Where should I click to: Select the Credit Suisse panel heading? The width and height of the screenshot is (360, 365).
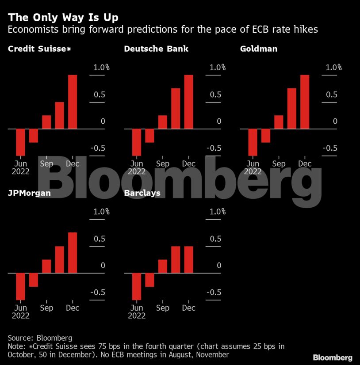pos(39,49)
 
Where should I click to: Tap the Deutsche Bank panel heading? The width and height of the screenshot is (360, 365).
pos(156,49)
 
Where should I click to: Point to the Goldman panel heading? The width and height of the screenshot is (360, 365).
pos(259,49)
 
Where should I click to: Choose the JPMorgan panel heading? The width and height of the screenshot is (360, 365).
pos(30,193)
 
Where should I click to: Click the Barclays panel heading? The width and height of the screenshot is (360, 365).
pos(142,193)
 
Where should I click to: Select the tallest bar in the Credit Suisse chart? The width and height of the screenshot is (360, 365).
pos(73,102)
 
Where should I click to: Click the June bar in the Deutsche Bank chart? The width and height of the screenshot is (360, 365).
pos(137,142)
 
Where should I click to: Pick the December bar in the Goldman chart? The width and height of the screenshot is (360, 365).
pos(305,102)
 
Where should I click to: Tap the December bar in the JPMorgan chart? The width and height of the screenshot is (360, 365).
pos(73,253)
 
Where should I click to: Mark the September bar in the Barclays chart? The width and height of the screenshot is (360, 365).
pos(163,266)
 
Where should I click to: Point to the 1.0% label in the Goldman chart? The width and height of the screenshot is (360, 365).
pos(334,68)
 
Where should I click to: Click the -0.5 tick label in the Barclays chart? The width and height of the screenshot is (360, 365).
pos(212,293)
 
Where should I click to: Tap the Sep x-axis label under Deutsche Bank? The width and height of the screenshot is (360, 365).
pos(163,164)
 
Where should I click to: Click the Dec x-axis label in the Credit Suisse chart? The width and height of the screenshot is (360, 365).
pos(73,164)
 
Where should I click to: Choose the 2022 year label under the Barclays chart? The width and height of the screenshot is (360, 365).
pos(137,316)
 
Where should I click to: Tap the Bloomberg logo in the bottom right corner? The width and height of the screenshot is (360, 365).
pos(333,357)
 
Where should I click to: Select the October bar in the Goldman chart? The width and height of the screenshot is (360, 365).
pos(291,109)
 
